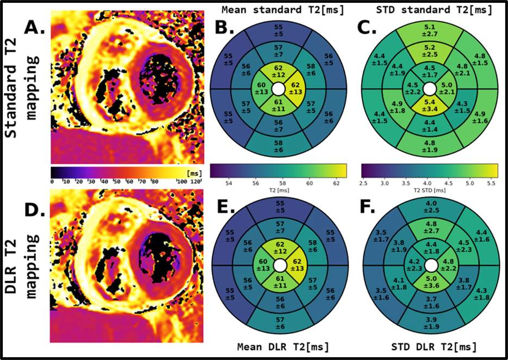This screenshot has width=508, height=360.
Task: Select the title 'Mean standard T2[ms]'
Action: pyautogui.click(x=277, y=9)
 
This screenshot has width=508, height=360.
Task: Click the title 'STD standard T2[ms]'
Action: pyautogui.click(x=430, y=9)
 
